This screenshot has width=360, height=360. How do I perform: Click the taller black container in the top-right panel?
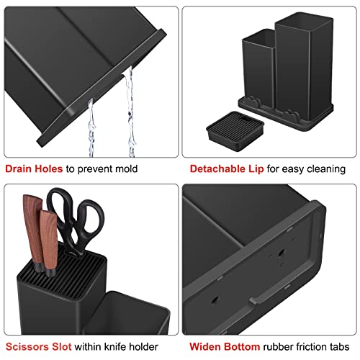point(302,65)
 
